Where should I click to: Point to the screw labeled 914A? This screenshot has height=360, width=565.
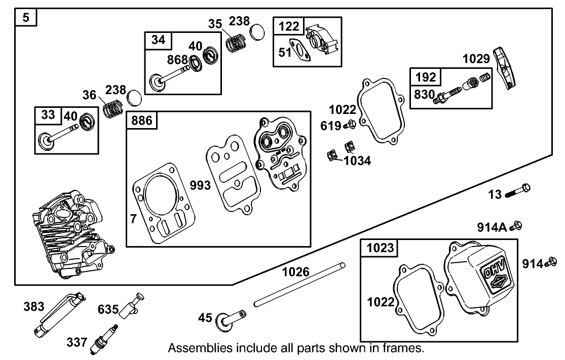coord(518,225)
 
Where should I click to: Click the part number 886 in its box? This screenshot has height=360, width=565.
coord(141,121)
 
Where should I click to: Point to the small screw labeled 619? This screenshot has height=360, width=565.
coord(350,124)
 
